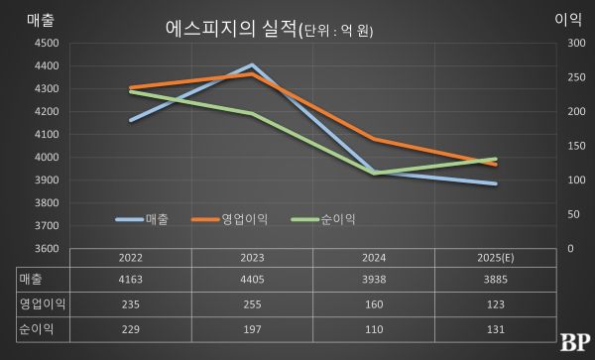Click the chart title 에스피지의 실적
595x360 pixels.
(x=230, y=30)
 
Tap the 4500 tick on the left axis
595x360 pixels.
(x=46, y=44)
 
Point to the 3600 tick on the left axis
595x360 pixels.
(x=46, y=248)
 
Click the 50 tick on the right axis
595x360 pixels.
(x=573, y=214)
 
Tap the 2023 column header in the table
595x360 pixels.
(x=252, y=257)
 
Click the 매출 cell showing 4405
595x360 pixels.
(x=252, y=280)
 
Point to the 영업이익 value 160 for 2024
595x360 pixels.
(x=374, y=304)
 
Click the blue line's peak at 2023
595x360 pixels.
(x=252, y=65)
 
